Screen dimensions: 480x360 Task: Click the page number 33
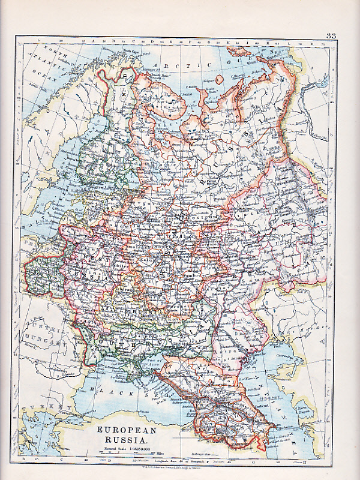point(331,35)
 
